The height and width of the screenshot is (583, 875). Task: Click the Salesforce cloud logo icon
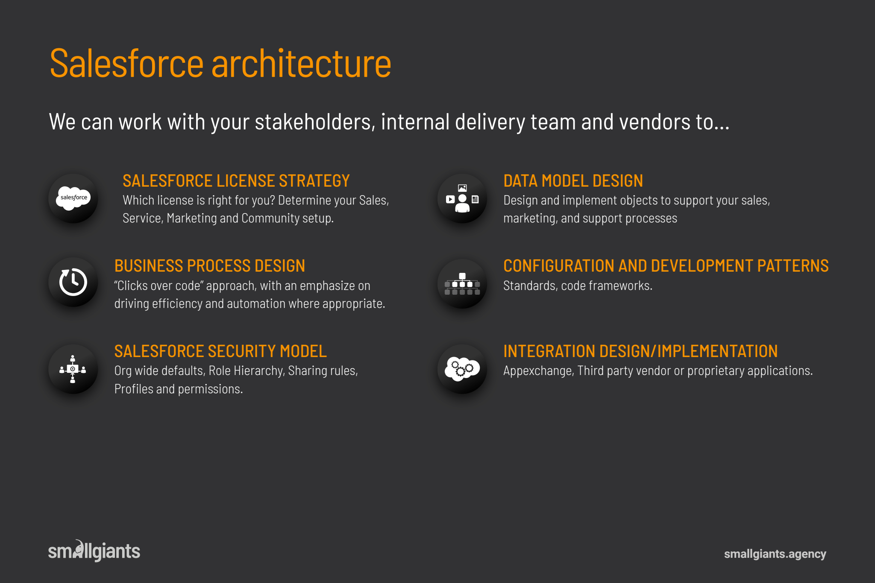[x=73, y=198]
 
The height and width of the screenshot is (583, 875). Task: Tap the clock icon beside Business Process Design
[x=73, y=282]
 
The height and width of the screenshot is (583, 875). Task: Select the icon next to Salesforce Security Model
[x=73, y=369]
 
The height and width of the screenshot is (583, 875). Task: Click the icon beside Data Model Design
[x=462, y=199]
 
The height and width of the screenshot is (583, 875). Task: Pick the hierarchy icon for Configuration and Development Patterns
[x=462, y=284]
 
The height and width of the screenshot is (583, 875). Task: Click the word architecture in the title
[x=301, y=64]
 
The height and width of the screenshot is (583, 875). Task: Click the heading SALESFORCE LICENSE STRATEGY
[x=236, y=181]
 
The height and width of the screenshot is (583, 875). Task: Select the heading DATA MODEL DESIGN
[x=573, y=181]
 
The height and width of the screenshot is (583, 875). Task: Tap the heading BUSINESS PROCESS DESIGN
[x=210, y=266]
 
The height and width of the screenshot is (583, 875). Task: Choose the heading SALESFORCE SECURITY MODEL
[x=220, y=351]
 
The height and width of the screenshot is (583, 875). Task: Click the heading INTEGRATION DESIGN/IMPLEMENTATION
[x=640, y=351]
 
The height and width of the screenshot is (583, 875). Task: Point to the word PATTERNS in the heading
[x=793, y=266]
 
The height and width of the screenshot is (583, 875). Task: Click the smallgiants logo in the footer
[x=94, y=551]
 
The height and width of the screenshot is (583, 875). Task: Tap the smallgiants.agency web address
[x=775, y=554]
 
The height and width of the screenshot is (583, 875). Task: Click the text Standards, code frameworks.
[x=578, y=285]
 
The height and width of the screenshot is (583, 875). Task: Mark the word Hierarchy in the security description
[x=259, y=371]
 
